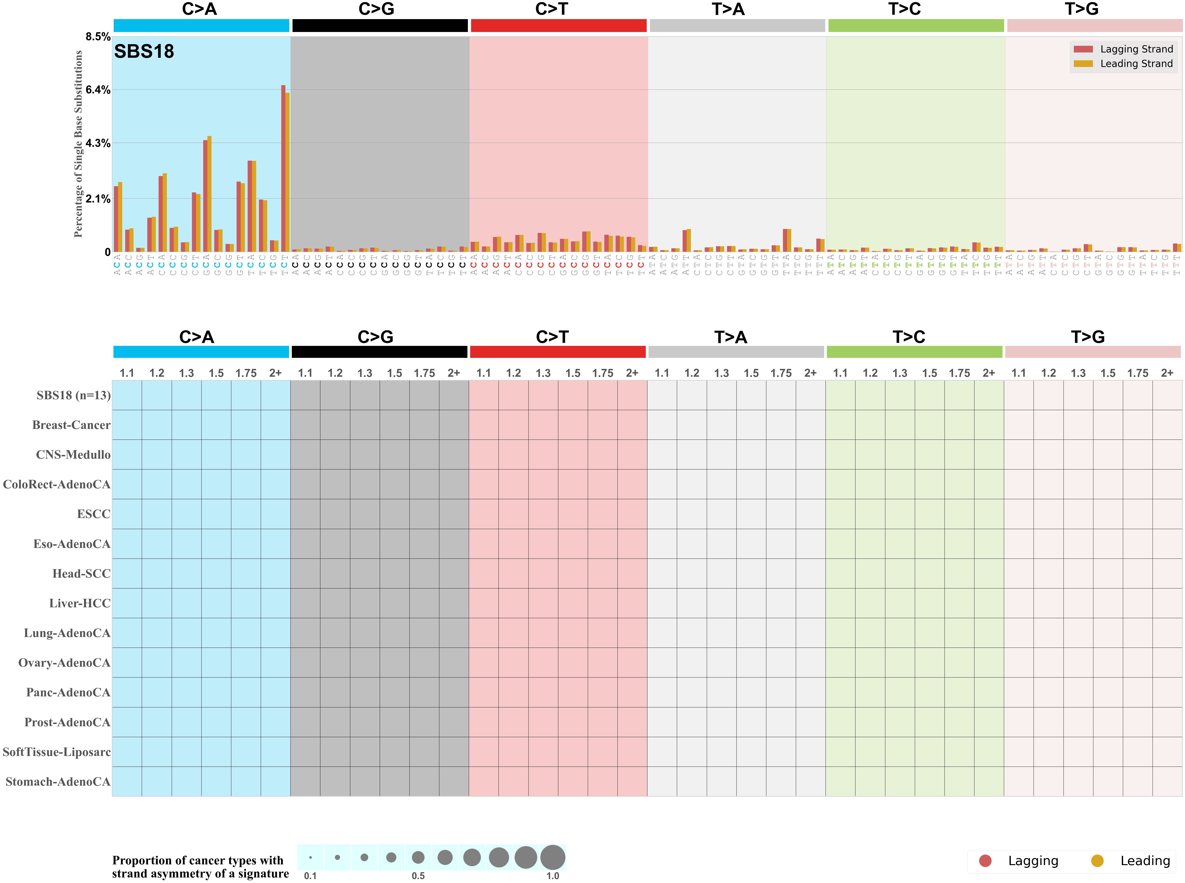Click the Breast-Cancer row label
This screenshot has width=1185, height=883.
click(71, 425)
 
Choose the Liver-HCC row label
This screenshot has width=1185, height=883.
click(80, 603)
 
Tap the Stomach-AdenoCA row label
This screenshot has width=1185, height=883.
click(58, 782)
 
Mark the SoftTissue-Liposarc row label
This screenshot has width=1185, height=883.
click(57, 752)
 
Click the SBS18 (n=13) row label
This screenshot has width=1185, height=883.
click(73, 396)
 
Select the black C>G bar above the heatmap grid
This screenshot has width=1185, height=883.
click(380, 352)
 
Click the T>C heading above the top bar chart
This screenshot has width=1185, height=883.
click(904, 9)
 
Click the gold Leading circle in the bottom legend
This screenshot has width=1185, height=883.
click(1097, 860)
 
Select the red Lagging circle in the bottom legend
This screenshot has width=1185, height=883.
click(985, 860)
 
